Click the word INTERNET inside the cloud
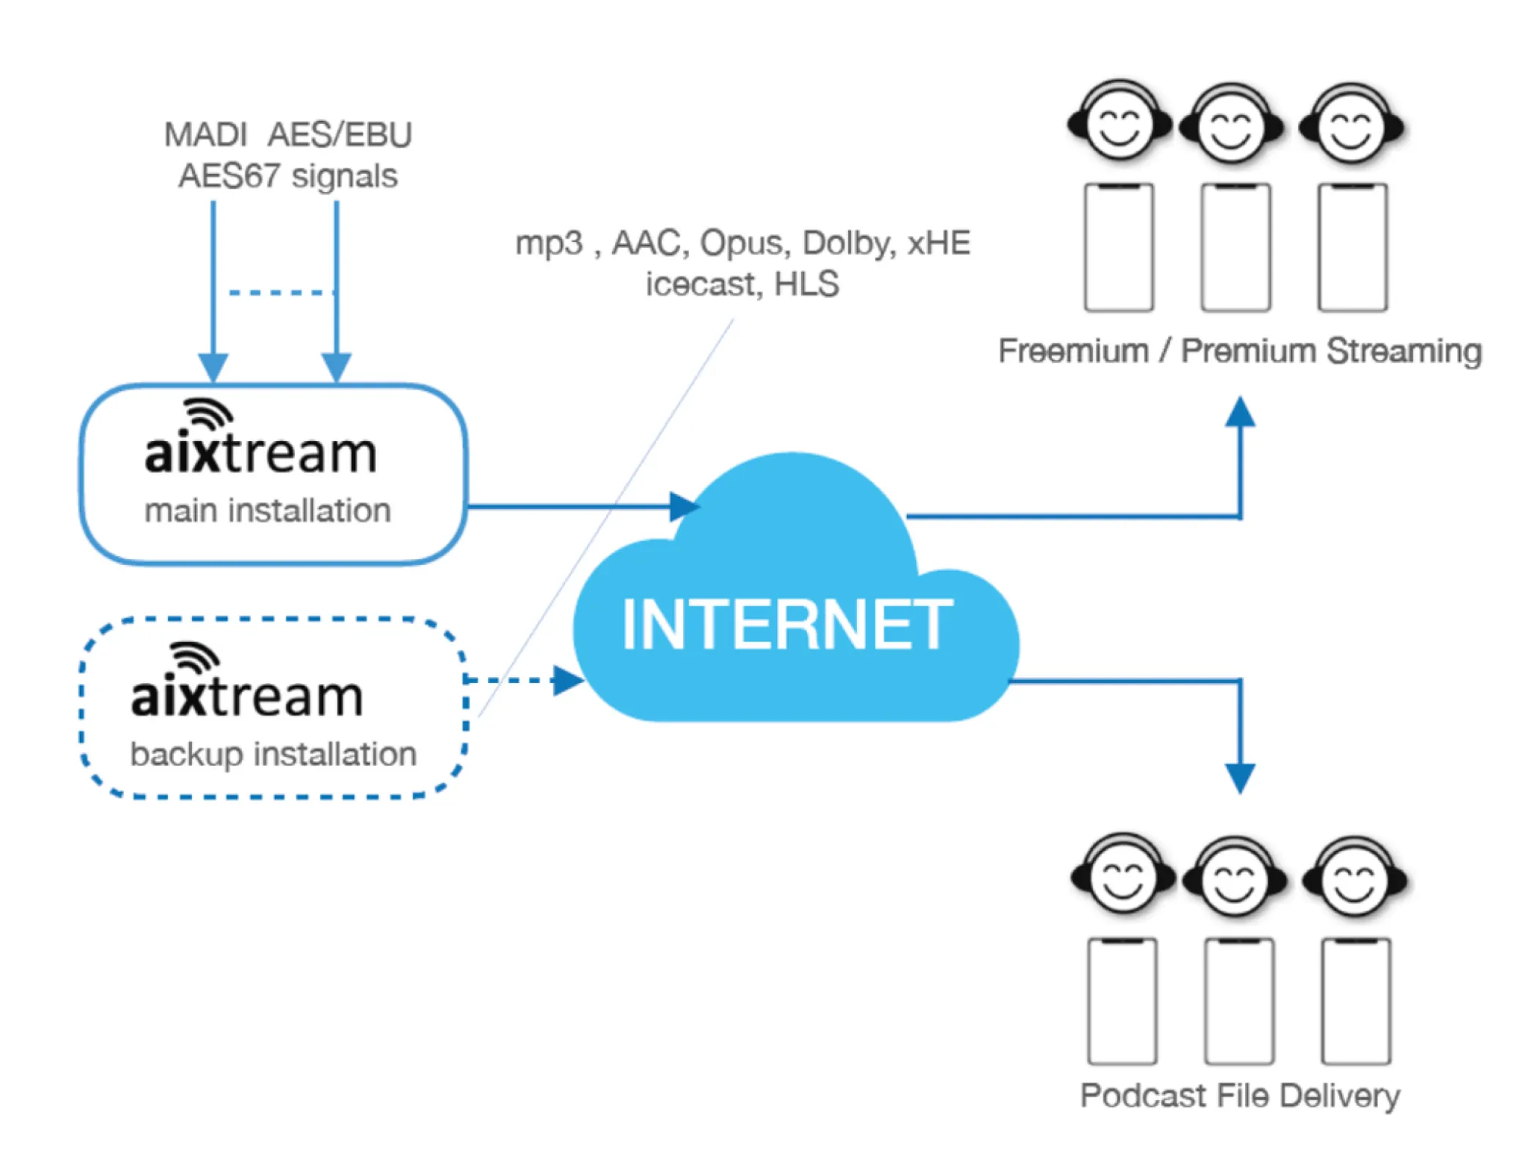pos(786,624)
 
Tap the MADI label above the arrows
pos(205,135)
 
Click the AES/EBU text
pos(340,135)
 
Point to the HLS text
pos(806,284)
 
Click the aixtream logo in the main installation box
pos(260,440)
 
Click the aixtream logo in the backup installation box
pos(247,684)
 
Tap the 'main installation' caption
pos(267,511)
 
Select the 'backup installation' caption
pos(273,754)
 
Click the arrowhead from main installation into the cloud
pos(684,506)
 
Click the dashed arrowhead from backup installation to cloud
pos(567,680)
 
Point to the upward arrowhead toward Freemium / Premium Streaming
pos(1240,412)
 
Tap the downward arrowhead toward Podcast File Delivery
pos(1240,778)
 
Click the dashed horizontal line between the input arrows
pos(281,292)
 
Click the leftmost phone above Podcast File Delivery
pos(1122,1001)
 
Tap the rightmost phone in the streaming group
pos(1352,247)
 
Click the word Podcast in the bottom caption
pos(1143,1095)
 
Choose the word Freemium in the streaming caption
pos(1073,351)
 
